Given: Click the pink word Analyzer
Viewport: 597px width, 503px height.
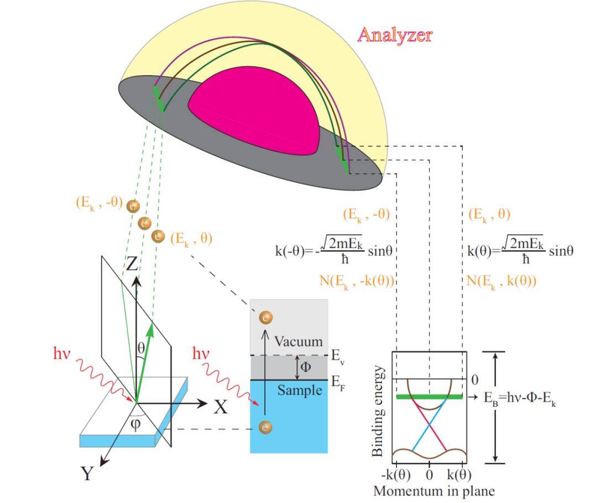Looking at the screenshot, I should (x=395, y=35).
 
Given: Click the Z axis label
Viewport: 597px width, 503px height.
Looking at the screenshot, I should (x=132, y=264).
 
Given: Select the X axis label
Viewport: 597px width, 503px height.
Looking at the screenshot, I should (x=221, y=408).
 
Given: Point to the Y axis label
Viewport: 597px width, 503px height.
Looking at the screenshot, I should (x=87, y=474).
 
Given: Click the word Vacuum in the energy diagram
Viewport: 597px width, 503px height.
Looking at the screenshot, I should (x=298, y=341).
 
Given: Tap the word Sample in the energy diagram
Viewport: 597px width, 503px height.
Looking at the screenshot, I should (x=299, y=390).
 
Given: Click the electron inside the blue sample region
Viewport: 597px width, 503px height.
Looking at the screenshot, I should (x=266, y=427).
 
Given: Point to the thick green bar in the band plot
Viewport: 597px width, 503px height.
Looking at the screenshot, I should (x=429, y=397).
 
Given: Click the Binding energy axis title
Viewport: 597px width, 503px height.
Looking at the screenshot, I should (x=378, y=410).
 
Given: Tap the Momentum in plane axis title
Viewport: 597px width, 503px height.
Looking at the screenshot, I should (x=433, y=490).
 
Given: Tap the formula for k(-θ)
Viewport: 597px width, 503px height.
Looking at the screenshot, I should (x=334, y=250).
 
